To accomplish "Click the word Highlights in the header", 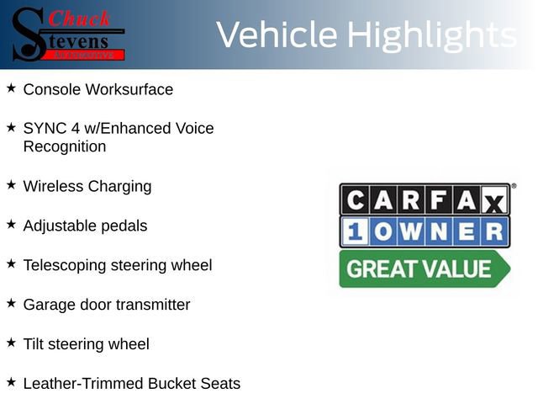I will click(x=431, y=35).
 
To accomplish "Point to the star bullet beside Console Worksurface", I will click(x=11, y=88).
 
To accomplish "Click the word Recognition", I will click(x=65, y=146).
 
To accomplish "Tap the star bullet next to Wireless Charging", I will click(x=11, y=184).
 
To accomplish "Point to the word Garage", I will click(x=48, y=305).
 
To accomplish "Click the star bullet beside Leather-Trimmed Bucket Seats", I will click(x=11, y=382).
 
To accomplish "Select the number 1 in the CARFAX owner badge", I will click(x=353, y=231).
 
